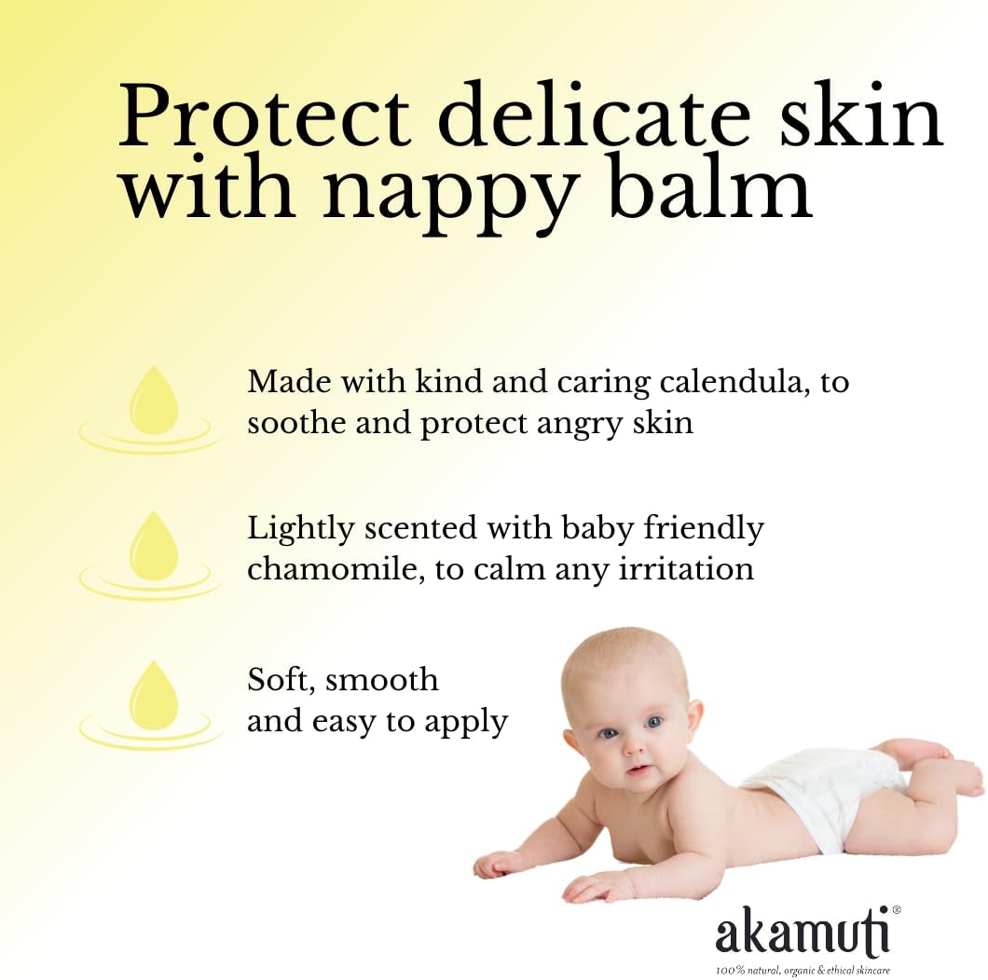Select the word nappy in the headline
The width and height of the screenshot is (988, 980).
tap(451, 192)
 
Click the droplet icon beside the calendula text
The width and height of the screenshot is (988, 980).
tap(152, 409)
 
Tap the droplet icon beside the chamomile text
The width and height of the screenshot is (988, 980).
tap(152, 555)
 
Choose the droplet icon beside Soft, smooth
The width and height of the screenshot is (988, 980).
tap(152, 705)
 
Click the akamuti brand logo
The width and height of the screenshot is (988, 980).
tap(803, 930)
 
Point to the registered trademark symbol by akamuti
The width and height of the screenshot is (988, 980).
tap(896, 910)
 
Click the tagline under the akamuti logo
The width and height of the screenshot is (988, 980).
tap(803, 970)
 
